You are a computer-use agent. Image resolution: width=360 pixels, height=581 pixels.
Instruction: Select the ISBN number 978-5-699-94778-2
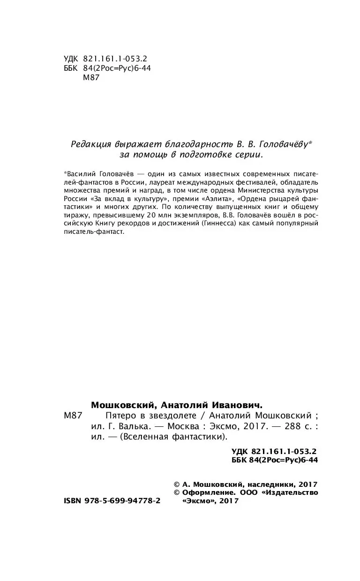122,500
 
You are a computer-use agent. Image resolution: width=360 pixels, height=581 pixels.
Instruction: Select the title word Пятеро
108,416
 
